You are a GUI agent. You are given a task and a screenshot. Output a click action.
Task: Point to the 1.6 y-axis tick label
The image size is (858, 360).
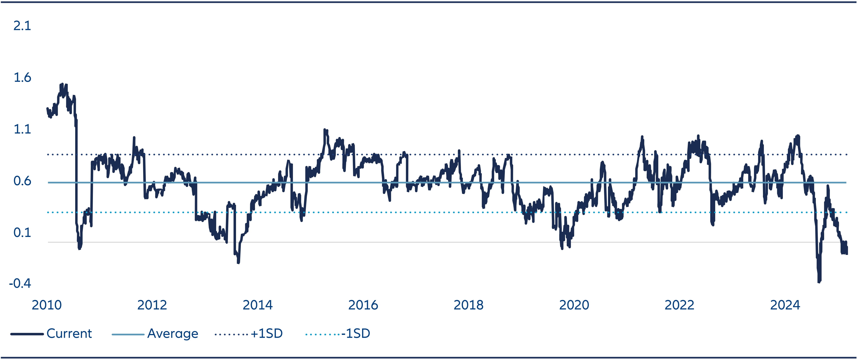coord(22,78)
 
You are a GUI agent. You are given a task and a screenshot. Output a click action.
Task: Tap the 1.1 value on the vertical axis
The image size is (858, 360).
coord(22,129)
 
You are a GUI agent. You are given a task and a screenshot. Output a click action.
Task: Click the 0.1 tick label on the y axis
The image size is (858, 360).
coord(22,232)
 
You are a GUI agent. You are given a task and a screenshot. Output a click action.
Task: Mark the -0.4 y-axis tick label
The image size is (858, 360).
coord(20,283)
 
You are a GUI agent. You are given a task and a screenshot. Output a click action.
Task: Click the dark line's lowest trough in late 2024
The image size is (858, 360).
coord(819,282)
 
